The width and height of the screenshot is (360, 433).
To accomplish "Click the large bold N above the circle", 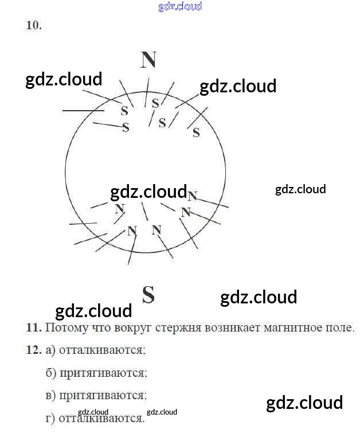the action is pyautogui.click(x=148, y=60).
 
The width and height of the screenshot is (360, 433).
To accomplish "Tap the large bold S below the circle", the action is pyautogui.click(x=148, y=295).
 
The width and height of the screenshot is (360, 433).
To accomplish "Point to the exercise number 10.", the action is pyautogui.click(x=34, y=25).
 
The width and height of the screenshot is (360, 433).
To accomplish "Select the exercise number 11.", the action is pyautogui.click(x=34, y=328).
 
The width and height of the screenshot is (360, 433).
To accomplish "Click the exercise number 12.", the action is pyautogui.click(x=34, y=350).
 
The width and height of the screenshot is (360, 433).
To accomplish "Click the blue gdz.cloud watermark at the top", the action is pyautogui.click(x=179, y=7).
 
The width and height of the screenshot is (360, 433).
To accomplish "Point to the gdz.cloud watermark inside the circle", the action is pyautogui.click(x=148, y=192).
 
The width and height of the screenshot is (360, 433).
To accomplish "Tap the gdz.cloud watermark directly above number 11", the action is pyautogui.click(x=93, y=311).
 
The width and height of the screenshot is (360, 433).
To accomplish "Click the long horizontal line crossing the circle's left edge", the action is pyautogui.click(x=79, y=110).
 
